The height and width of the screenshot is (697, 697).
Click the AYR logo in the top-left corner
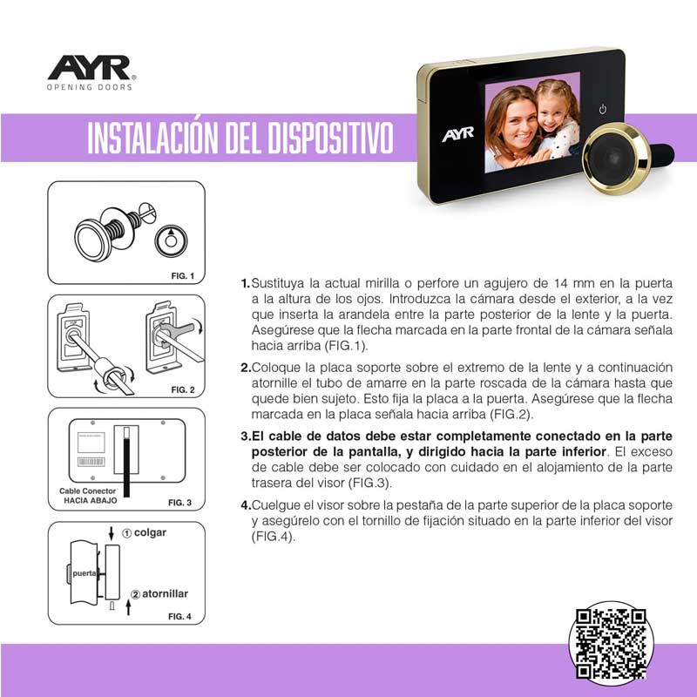coord(90,67)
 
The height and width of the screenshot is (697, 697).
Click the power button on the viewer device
coord(603,110)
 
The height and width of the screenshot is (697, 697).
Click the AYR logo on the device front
coord(457,135)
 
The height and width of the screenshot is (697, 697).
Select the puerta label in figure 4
coord(85,574)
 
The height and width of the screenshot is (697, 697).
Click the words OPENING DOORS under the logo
coord(90,88)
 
